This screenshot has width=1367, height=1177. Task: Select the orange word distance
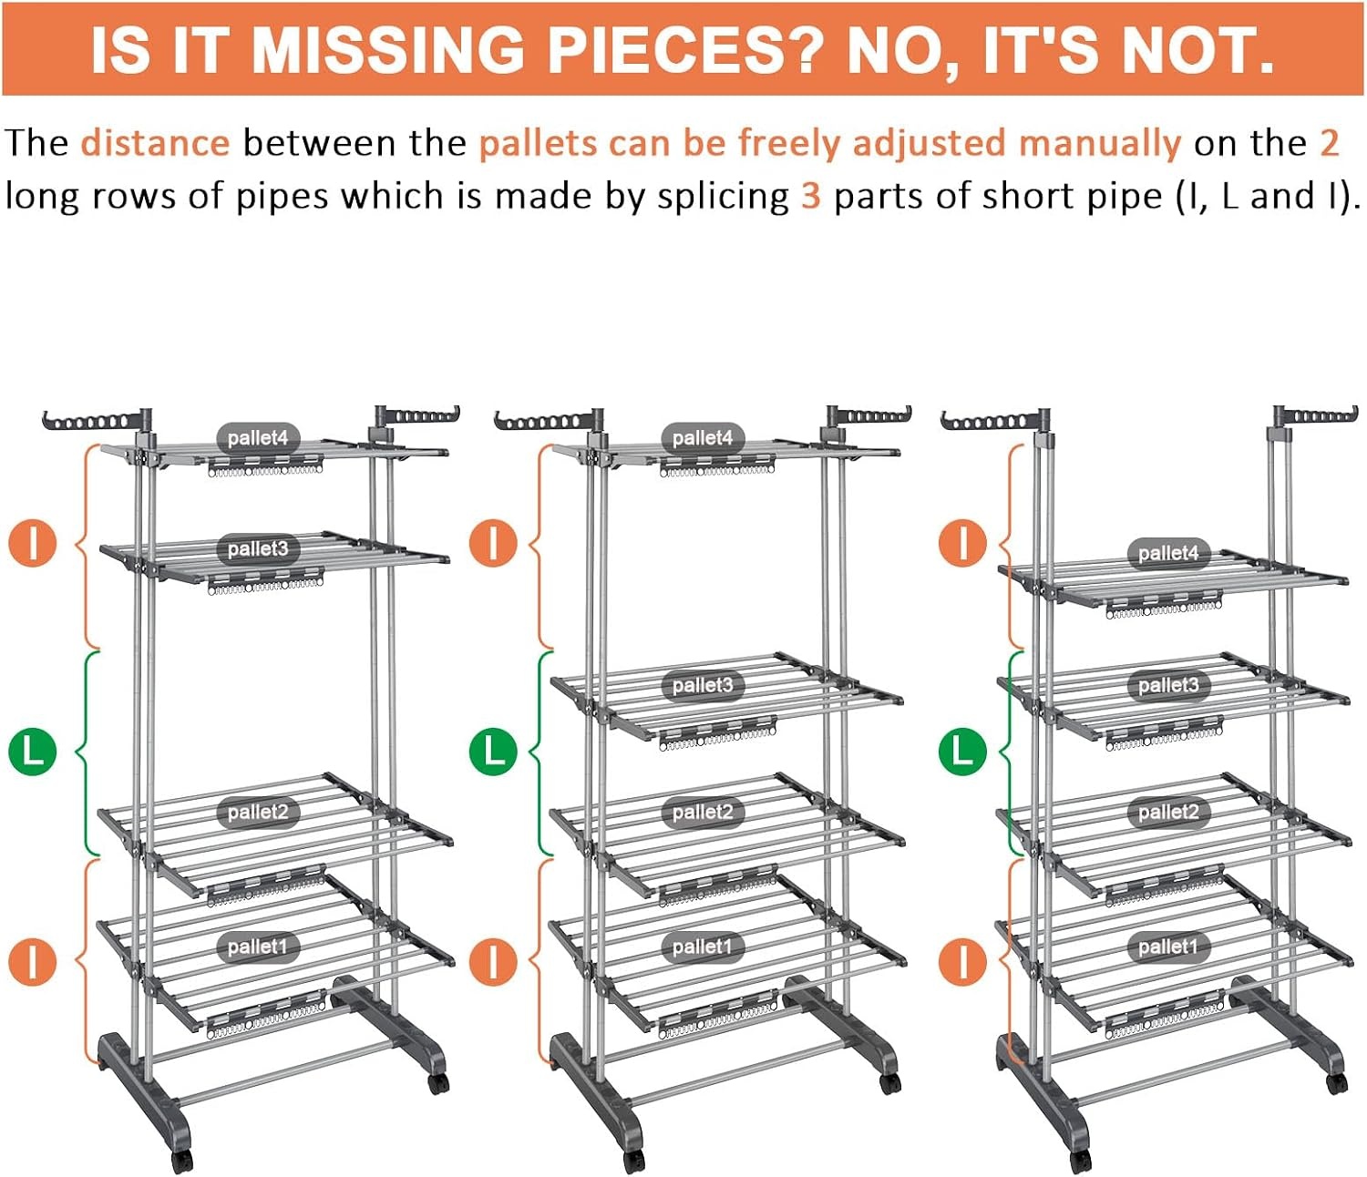coord(156,143)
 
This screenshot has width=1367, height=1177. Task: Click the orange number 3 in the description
coord(811,196)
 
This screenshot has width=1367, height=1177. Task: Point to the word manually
coord(1099,144)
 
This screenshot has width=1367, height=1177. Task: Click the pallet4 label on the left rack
coord(258,438)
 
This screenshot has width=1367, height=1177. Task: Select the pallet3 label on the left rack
coord(258,548)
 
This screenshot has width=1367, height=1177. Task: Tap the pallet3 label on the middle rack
coord(703,685)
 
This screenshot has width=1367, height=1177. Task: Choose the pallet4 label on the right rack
coord(1168,553)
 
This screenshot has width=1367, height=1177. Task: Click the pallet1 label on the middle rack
coord(703,947)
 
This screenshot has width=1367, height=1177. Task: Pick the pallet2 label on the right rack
coord(1168,812)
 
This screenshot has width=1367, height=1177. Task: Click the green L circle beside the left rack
coord(33,752)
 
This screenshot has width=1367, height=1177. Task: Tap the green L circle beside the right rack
coord(962,752)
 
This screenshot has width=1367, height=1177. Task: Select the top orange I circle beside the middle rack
coord(493,544)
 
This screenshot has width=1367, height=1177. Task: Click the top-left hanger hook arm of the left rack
coord(93,421)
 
